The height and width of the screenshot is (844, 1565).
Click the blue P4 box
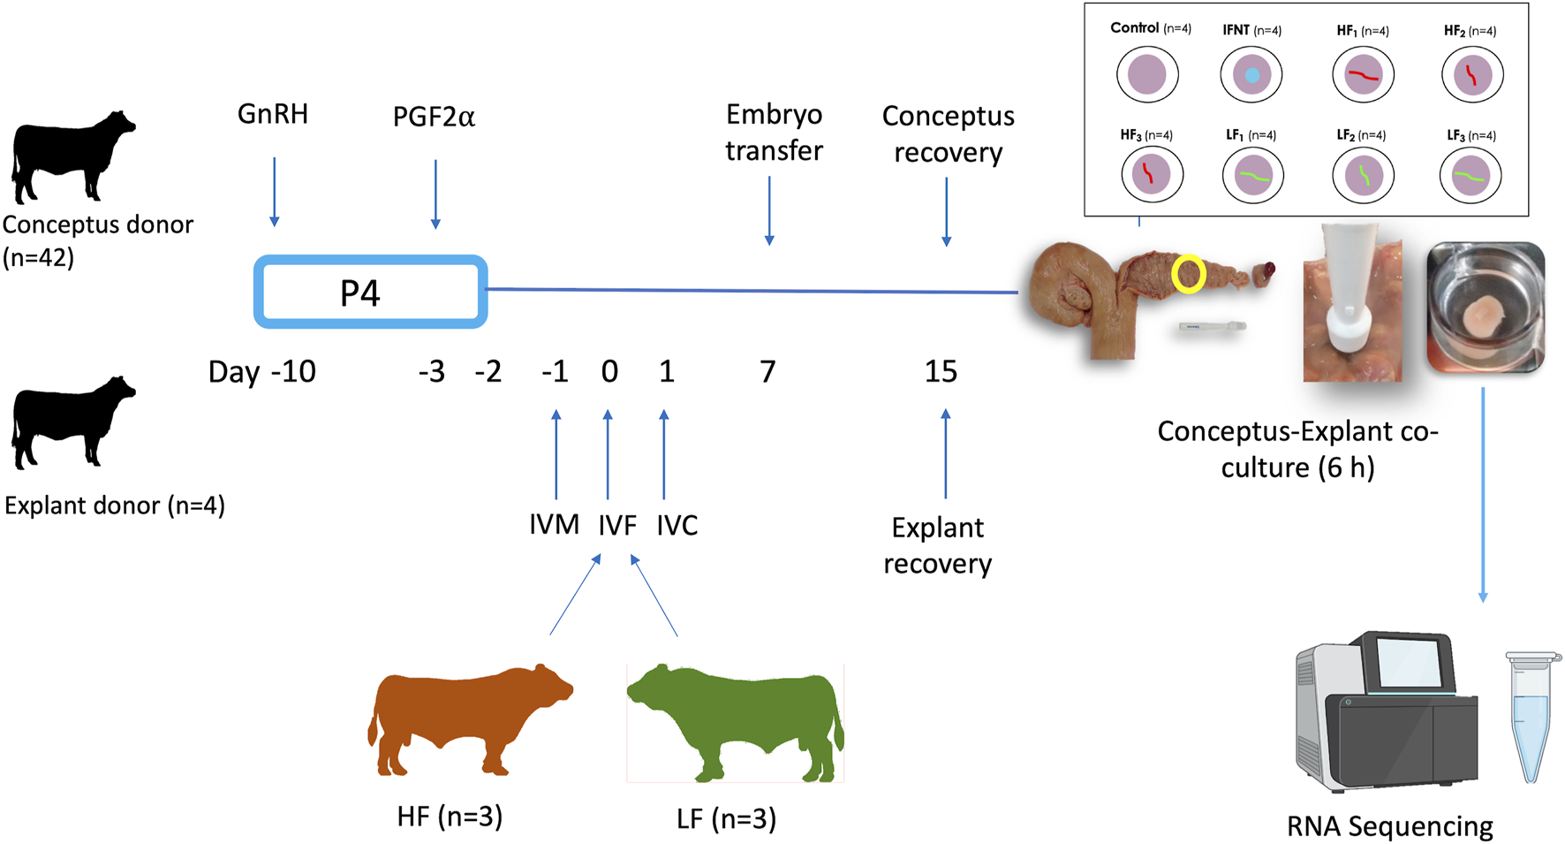[370, 292]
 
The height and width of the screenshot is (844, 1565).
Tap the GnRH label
[272, 114]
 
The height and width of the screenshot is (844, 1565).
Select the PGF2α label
[434, 117]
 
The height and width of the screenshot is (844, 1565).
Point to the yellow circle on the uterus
[1188, 274]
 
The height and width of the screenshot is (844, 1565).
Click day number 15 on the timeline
[941, 371]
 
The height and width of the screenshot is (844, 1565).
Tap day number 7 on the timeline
[767, 371]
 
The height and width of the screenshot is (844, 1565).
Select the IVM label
[554, 525]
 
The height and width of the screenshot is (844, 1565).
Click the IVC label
[677, 525]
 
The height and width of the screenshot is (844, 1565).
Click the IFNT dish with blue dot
[1251, 75]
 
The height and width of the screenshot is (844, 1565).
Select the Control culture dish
[1147, 75]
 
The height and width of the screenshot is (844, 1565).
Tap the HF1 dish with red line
[1363, 75]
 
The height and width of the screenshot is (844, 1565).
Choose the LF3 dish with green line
[1470, 176]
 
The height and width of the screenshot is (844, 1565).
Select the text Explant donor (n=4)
[115, 506]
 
